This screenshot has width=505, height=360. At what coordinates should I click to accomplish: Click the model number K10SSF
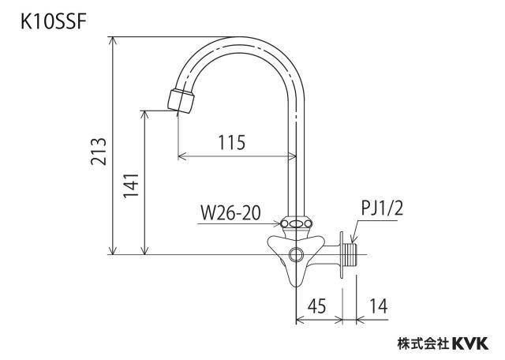53,23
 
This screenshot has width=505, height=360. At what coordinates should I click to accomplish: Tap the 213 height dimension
99,152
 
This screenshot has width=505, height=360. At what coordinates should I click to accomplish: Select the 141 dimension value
132,186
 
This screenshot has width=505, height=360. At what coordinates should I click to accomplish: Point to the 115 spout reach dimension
231,143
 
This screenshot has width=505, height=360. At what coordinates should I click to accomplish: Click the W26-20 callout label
230,213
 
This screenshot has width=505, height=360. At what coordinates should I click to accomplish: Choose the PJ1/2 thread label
382,208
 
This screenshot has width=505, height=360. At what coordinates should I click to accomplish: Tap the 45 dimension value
316,306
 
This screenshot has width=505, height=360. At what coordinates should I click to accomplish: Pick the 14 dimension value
378,306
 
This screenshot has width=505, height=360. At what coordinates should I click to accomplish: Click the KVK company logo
470,343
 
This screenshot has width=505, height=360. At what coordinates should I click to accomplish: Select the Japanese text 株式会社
423,343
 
